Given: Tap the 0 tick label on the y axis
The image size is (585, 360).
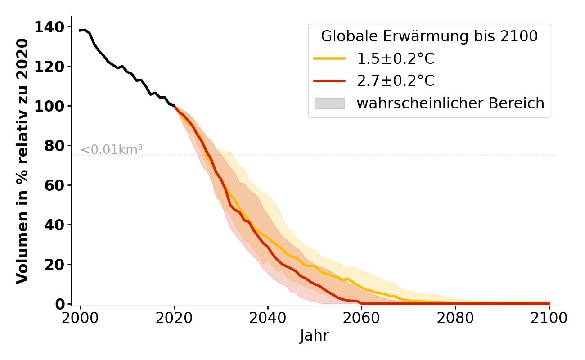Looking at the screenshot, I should pyautogui.click(x=60, y=304).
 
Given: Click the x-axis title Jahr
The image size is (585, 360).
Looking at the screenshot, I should pyautogui.click(x=314, y=336).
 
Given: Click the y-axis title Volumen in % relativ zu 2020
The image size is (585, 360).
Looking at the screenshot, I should pyautogui.click(x=22, y=161).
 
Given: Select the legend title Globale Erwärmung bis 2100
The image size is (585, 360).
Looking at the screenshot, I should pyautogui.click(x=429, y=36).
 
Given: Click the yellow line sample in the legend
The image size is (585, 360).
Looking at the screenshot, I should pyautogui.click(x=329, y=58).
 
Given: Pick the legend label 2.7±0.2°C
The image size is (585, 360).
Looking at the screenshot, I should pyautogui.click(x=396, y=81).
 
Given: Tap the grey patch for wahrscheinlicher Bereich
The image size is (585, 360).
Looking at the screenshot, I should pyautogui.click(x=329, y=103).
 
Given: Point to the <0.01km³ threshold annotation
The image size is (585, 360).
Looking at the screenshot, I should pyautogui.click(x=112, y=150).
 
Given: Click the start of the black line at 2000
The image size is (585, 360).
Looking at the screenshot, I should pyautogui.click(x=80, y=31).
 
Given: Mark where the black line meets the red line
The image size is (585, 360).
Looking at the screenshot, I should pyautogui.click(x=174, y=106).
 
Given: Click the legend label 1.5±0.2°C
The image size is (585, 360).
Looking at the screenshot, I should pyautogui.click(x=396, y=58).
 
